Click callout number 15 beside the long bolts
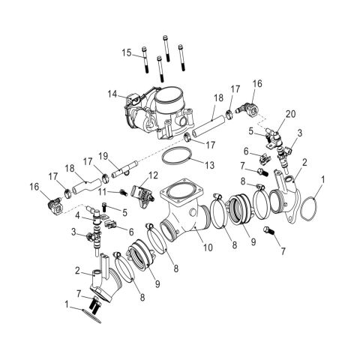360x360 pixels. [127, 52]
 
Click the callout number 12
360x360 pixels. [152, 175]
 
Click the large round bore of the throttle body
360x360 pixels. [172, 98]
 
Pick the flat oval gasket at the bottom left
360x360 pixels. [94, 316]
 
